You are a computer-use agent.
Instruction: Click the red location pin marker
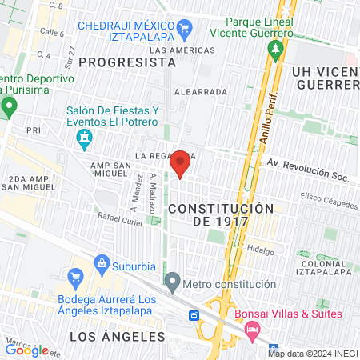click(180, 164)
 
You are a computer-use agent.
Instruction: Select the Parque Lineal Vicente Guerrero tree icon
click(276, 50)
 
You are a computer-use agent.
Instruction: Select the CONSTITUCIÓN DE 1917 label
click(221, 215)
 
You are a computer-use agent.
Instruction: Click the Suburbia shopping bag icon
click(102, 263)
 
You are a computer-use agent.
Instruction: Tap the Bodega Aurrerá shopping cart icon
click(76, 278)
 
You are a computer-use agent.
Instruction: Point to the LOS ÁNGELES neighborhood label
click(111, 336)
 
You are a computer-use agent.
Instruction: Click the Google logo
click(26, 350)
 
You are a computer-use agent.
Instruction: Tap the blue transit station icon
click(194, 315)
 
